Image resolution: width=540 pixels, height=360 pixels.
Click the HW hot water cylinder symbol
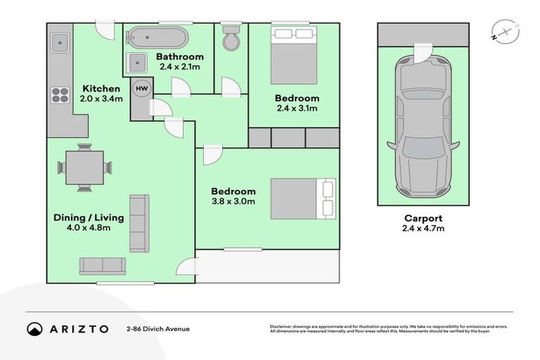click(141, 89)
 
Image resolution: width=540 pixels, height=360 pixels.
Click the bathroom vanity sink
click(136, 63)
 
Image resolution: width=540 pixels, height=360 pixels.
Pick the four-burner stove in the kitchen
click(60, 94)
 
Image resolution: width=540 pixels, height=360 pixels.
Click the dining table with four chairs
click(84, 167)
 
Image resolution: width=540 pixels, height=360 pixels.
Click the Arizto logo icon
click(34, 328)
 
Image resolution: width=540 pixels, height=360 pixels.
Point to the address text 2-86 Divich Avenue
click(158, 328)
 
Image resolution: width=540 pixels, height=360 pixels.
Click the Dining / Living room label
click(89, 217)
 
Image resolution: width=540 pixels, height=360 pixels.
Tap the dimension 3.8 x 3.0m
click(233, 202)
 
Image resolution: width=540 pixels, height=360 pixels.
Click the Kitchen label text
click(101, 89)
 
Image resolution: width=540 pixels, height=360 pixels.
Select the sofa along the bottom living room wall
click(102, 265)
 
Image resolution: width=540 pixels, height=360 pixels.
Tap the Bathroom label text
click(180, 57)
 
